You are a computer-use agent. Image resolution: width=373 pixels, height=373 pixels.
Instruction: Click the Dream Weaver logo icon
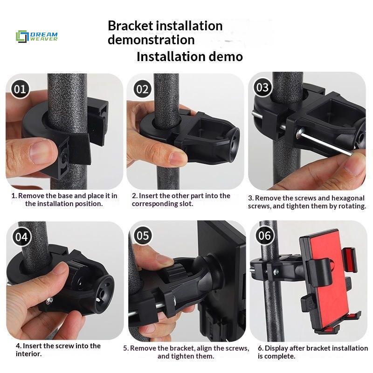[x=22, y=36]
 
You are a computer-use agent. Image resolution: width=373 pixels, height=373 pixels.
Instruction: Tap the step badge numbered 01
[x=20, y=89]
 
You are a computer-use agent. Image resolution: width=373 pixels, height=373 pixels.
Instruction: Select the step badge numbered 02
[x=142, y=89]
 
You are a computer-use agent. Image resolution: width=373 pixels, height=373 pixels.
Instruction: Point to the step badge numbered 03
[x=262, y=87]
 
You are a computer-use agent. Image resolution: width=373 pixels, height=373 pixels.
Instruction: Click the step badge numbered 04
[x=21, y=237]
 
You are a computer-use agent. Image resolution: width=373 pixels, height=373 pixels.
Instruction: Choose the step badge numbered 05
[x=143, y=235]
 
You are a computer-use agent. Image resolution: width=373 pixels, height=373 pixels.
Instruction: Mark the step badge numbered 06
[x=264, y=235]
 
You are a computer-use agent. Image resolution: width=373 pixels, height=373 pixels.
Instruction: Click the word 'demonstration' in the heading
[x=151, y=40]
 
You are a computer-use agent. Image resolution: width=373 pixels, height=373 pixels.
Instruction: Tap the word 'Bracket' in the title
[x=130, y=26]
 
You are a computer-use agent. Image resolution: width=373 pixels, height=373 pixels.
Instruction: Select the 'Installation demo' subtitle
[x=190, y=56]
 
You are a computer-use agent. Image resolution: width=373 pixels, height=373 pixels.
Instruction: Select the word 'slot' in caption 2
[x=186, y=204]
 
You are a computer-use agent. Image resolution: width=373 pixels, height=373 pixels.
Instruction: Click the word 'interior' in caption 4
[x=28, y=354]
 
